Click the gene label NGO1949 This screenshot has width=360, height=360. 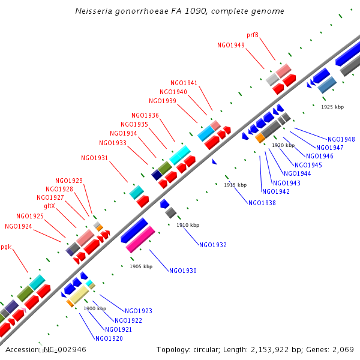[231, 45]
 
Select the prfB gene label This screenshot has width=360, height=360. [253, 35]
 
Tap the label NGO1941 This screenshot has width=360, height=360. [184, 83]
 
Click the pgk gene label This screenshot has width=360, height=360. [6, 247]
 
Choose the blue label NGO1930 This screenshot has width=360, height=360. [183, 271]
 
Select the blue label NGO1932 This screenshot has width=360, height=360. [213, 245]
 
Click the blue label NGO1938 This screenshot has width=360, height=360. [262, 203]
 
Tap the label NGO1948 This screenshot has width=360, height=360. [341, 139]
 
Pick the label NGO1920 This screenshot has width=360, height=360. [109, 338]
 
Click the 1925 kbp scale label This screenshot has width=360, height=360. [332, 107]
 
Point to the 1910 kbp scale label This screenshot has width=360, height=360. [188, 225]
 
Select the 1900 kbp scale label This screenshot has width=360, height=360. [95, 308]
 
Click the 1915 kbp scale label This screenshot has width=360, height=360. [235, 185]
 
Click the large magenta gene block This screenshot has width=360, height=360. [140, 239]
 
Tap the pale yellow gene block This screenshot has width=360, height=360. [78, 295]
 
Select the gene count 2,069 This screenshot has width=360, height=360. [341, 349]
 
